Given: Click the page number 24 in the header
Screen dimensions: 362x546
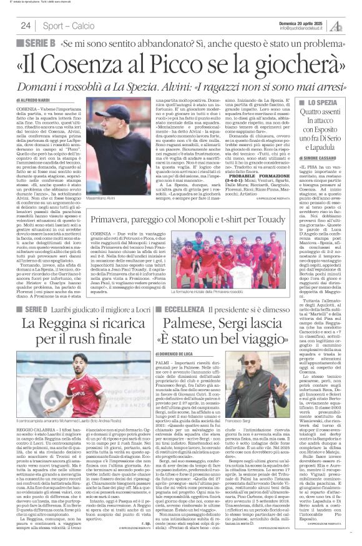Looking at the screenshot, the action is click(26, 25).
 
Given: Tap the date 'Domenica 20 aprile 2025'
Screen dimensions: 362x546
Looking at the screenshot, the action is click(306, 22).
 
